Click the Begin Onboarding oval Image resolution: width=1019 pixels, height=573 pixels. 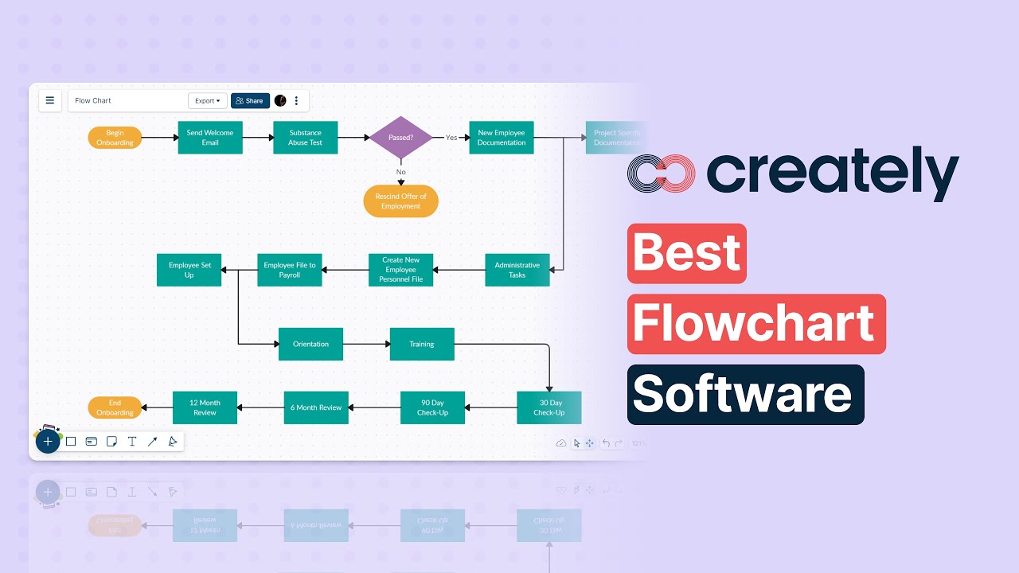[x=115, y=138]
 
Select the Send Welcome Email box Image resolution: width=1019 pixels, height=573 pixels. [x=210, y=138]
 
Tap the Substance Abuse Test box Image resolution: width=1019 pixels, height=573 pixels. [x=306, y=138]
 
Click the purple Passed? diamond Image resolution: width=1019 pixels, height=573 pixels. [x=400, y=138]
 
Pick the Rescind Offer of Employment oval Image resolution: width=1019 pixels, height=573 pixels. [x=400, y=201]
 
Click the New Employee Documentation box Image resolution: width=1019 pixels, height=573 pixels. [x=502, y=138]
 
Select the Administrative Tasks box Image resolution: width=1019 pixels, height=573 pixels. [x=517, y=270]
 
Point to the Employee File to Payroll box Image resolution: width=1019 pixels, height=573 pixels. [x=290, y=270]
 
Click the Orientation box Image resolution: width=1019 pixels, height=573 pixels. [x=310, y=344]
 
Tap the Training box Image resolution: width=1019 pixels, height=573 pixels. [x=422, y=344]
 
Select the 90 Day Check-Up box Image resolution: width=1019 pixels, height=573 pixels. [x=432, y=407]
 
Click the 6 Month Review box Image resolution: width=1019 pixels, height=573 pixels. [x=316, y=407]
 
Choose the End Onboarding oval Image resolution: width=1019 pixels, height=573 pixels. [x=115, y=407]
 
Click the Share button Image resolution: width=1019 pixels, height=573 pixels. [x=250, y=101]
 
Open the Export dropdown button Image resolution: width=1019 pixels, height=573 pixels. [x=208, y=101]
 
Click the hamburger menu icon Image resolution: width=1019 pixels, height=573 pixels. [x=50, y=100]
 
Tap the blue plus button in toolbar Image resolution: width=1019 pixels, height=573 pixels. [x=48, y=441]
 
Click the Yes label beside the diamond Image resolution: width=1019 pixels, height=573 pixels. [x=451, y=138]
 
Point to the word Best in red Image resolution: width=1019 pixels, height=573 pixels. [x=687, y=254]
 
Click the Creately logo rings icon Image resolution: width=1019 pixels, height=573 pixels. [x=661, y=173]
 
